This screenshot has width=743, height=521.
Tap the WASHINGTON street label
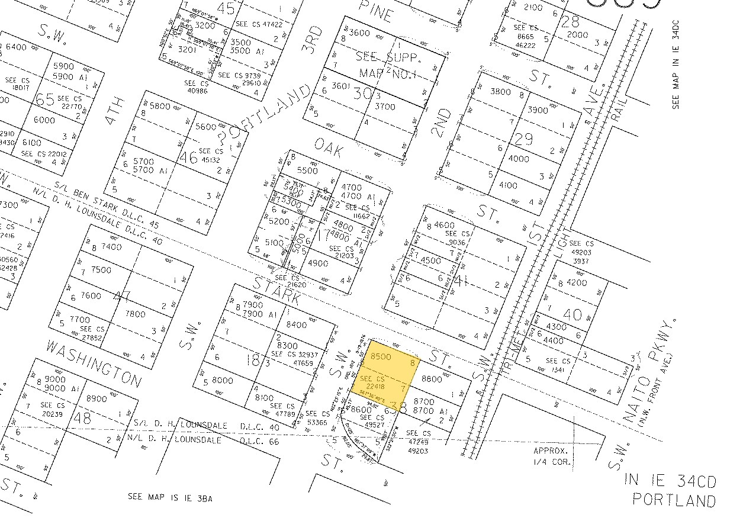[94, 362]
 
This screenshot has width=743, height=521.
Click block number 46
[189, 157]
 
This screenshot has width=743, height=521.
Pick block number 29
[524, 139]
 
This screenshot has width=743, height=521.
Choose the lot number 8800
[432, 378]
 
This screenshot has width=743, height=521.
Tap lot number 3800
[500, 91]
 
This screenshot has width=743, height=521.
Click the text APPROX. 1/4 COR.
[552, 456]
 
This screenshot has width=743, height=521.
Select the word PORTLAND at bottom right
[674, 500]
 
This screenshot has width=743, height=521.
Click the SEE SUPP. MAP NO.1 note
[388, 64]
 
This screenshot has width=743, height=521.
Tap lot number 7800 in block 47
[136, 314]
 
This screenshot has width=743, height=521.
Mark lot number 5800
[160, 107]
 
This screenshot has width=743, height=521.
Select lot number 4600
[445, 225]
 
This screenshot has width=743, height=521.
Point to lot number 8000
[222, 381]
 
